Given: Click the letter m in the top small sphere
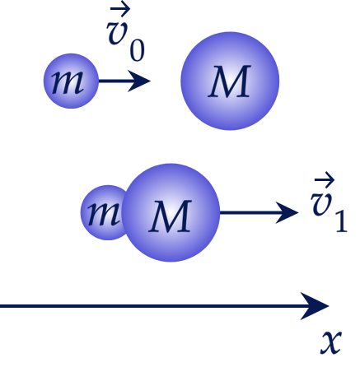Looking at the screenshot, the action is point(68,81).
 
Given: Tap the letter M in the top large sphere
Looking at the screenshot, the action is point(230,81).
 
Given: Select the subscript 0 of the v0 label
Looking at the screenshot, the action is point(137,51).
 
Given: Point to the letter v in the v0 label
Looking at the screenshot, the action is point(118,33).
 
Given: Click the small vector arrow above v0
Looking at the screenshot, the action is point(120,10).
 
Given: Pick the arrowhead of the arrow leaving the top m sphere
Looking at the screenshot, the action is point(139,81).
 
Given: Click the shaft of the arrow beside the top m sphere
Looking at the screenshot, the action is point(114,81).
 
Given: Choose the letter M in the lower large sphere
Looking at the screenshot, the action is point(171,216).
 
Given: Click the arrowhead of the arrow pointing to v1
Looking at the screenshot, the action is point(287,212).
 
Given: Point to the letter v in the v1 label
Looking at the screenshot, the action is point(321,205).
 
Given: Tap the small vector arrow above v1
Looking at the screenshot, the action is point(325,180).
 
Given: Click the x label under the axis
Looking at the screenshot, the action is point(331,342).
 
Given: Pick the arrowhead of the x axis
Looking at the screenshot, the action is point(315,306).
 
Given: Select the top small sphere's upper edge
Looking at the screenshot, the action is point(71,54).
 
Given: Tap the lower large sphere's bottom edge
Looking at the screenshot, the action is point(171,262).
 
